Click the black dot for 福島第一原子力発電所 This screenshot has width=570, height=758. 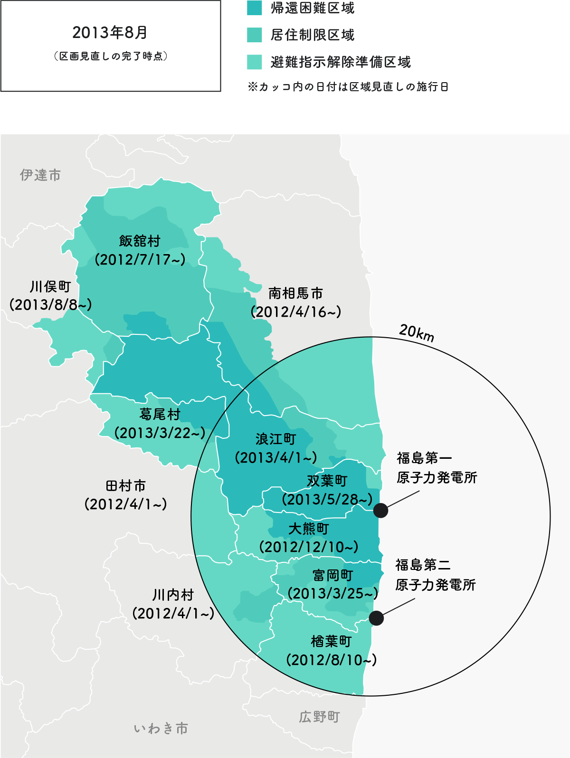click(380, 511)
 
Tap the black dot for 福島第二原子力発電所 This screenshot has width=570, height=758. click(376, 618)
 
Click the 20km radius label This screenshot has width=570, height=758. click(417, 332)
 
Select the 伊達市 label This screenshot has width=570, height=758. click(40, 175)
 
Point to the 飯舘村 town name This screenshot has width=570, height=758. click(140, 241)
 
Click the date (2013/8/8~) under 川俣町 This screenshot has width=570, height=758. click(50, 305)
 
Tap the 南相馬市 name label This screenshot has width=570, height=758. click(295, 294)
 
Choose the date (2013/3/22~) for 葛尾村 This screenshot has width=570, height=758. click(160, 433)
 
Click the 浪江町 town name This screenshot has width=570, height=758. click(275, 439)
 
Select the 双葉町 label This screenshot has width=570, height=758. click(327, 481)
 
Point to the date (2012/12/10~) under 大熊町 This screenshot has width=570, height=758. click(309, 547)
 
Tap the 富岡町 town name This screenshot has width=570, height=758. click(332, 576)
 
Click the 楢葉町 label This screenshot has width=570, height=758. click(331, 642)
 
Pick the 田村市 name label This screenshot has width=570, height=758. click(126, 486)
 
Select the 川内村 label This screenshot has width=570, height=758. click(173, 595)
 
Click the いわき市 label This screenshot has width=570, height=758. click(161, 729)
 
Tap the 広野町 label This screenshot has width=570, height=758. click(319, 717)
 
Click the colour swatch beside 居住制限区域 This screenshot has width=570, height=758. click(255, 35)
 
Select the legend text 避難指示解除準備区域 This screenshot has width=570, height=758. click(340, 62)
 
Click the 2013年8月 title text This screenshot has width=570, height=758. click(110, 33)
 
